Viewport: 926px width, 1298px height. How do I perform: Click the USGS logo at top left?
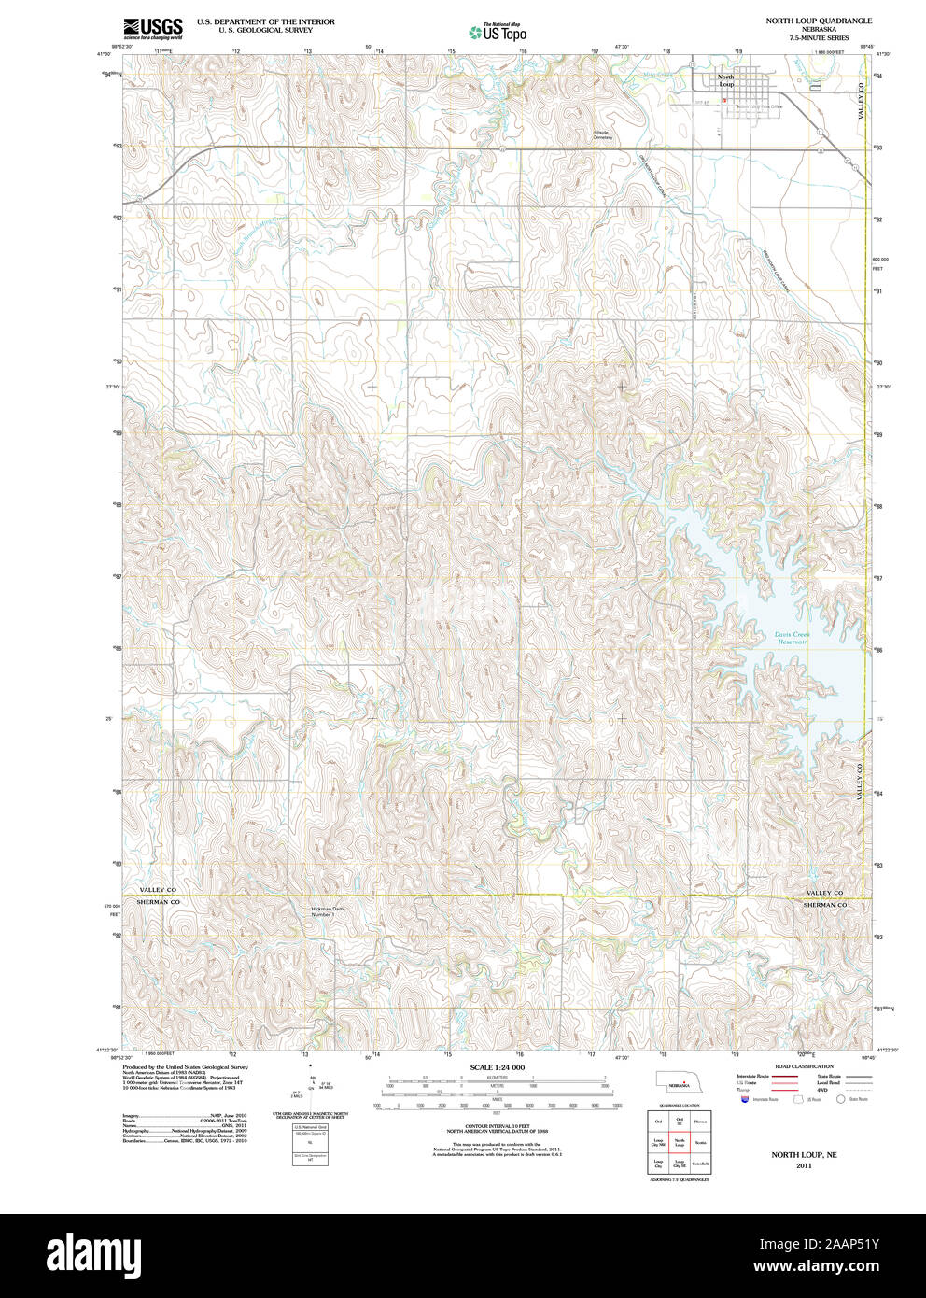pyautogui.click(x=152, y=28)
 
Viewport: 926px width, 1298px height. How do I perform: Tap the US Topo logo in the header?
pyautogui.click(x=498, y=32)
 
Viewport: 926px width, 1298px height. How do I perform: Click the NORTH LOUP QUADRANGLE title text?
pyautogui.click(x=819, y=20)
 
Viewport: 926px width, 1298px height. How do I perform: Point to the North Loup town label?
pyautogui.click(x=725, y=80)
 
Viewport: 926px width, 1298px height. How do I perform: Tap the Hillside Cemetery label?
pyautogui.click(x=602, y=134)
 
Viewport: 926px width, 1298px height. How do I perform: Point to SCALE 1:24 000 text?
pyautogui.click(x=497, y=1067)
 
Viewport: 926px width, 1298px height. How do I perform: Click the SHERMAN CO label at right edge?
pyautogui.click(x=825, y=904)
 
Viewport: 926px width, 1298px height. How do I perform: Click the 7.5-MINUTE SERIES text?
pyautogui.click(x=819, y=39)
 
